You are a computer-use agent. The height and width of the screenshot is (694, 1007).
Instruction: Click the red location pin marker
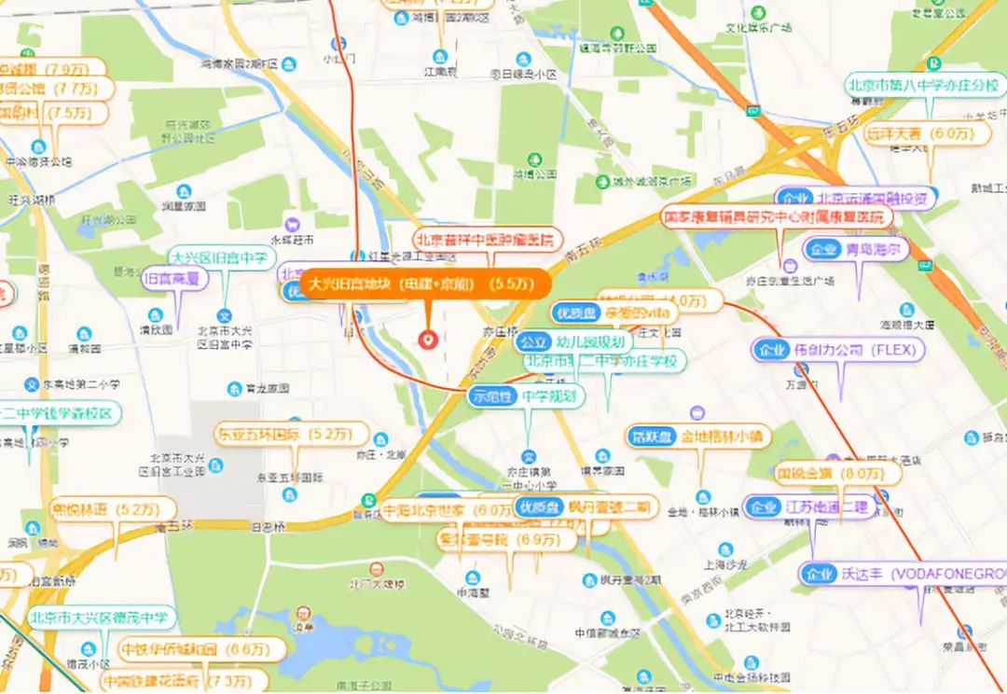[x=428, y=340]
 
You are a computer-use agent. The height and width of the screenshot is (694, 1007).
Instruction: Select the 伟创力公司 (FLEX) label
[x=839, y=351]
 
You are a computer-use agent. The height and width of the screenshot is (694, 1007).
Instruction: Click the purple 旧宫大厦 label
[x=173, y=277]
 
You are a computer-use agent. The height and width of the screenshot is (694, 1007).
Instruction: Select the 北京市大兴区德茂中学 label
[x=98, y=618]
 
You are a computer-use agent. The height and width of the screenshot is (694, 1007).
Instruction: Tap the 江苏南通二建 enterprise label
[x=811, y=507]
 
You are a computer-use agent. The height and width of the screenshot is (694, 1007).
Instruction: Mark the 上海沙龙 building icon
[x=722, y=548]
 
